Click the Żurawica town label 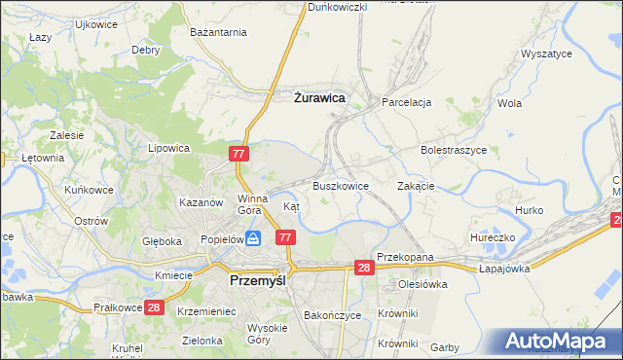point(320,97)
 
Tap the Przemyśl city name point(262,279)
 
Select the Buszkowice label point(340,185)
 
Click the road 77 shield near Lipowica point(240,154)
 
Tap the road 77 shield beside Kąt point(285,237)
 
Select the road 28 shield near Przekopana point(364,268)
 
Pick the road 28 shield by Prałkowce point(153,307)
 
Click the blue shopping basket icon point(253,237)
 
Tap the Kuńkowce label point(91,190)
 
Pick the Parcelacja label point(407,102)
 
